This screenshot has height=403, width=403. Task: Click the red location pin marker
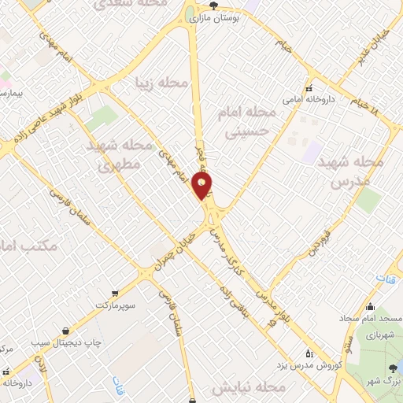pyautogui.click(x=203, y=187)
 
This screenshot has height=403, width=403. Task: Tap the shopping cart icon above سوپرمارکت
pyautogui.click(x=116, y=291)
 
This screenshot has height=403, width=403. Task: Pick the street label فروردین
pyautogui.click(x=312, y=245)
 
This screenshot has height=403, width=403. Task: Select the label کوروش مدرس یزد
pyautogui.click(x=309, y=366)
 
